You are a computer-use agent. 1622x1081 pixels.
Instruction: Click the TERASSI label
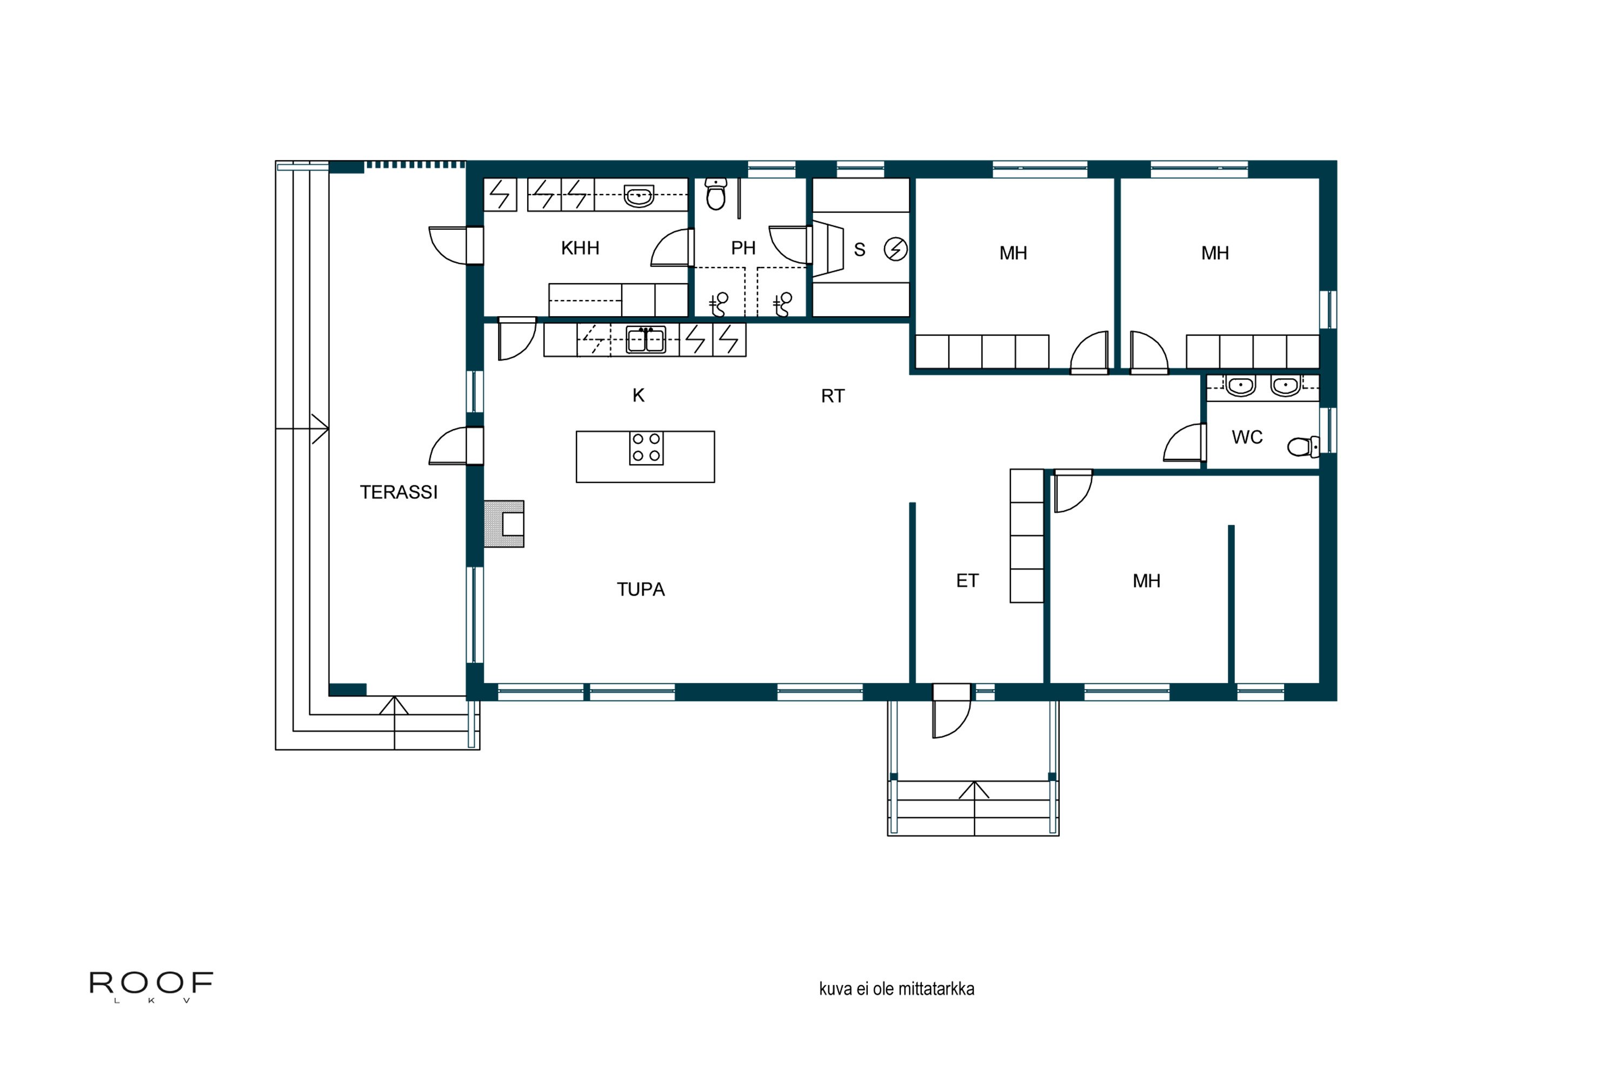(x=398, y=492)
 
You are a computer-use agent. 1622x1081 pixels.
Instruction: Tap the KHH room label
(x=580, y=248)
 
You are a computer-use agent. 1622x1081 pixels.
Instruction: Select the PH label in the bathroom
(x=743, y=248)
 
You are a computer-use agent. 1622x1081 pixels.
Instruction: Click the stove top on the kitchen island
(x=646, y=448)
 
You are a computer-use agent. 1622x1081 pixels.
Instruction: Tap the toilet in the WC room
(x=1302, y=447)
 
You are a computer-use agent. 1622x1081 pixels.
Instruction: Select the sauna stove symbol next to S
(x=895, y=249)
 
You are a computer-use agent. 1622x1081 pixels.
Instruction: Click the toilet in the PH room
(x=716, y=195)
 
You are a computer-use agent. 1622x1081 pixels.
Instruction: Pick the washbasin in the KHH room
(x=639, y=196)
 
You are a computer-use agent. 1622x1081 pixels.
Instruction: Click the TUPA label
(x=640, y=590)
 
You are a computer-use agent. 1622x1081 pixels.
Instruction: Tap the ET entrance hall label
(x=967, y=581)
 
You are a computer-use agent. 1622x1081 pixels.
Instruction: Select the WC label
(x=1247, y=437)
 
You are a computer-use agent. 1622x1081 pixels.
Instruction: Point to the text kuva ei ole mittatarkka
(x=896, y=989)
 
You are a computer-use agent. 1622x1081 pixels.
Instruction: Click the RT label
(x=833, y=396)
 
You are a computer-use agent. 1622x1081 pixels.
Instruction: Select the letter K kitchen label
(x=638, y=396)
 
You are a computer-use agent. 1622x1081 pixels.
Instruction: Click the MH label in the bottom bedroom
(x=1146, y=581)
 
